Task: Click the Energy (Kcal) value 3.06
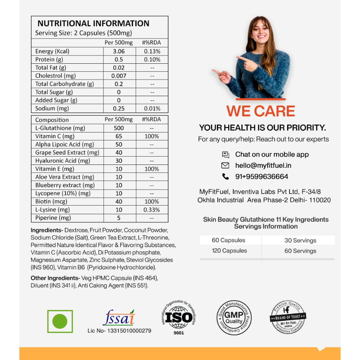[x=119, y=51]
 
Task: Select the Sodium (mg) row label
[x=52, y=108]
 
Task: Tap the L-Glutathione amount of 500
[x=119, y=128]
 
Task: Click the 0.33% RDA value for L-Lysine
[x=152, y=210]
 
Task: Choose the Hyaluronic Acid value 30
[x=119, y=161]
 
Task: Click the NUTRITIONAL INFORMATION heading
[x=93, y=23]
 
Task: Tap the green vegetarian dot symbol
[x=60, y=321]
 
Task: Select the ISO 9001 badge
[x=179, y=317]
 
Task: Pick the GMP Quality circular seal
[x=234, y=318]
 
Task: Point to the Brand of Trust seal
[x=288, y=318]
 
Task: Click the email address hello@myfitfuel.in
[x=263, y=166]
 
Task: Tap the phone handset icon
[x=225, y=176]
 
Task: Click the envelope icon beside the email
[x=225, y=166]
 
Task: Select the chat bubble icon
[x=225, y=155]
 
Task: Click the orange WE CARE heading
[x=261, y=111]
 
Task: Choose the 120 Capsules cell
[x=229, y=251]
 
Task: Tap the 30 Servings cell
[x=300, y=240]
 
